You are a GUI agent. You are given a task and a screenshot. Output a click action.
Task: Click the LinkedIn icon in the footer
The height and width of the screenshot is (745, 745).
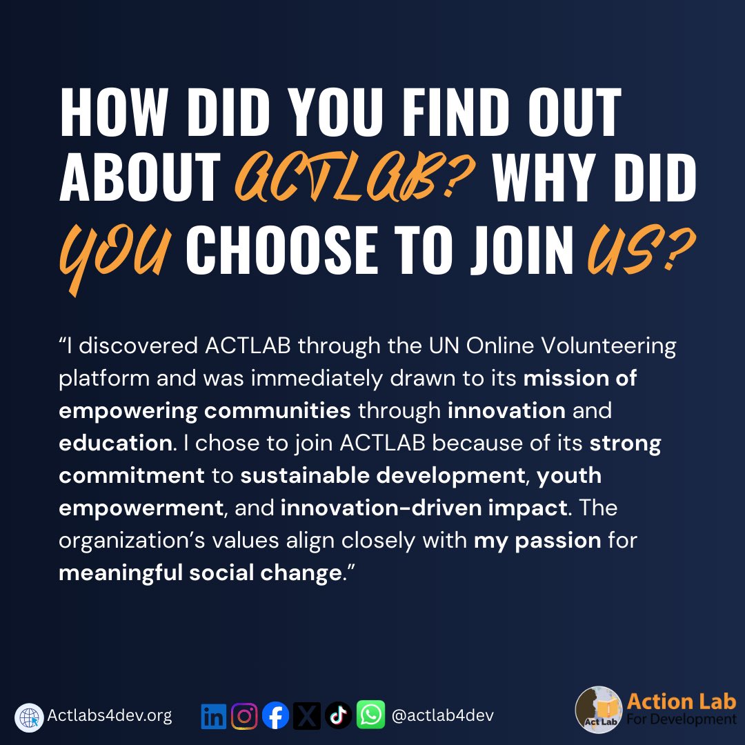click(214, 716)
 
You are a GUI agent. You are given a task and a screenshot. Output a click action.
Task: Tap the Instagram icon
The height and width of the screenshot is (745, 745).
click(244, 716)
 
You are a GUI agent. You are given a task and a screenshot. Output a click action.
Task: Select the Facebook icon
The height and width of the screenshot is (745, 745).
click(276, 716)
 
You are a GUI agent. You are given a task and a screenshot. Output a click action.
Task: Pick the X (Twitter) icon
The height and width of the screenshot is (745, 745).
click(307, 716)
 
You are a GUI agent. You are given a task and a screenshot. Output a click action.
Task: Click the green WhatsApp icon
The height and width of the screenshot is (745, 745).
click(370, 716)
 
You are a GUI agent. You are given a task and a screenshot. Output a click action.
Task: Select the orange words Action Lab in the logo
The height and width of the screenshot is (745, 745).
click(681, 702)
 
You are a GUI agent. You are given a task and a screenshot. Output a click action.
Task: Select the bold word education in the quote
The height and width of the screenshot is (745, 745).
click(115, 444)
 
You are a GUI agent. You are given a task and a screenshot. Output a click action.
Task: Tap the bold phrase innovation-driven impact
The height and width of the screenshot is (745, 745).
click(424, 508)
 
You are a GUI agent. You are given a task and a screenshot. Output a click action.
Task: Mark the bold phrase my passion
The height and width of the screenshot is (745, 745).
click(537, 540)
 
